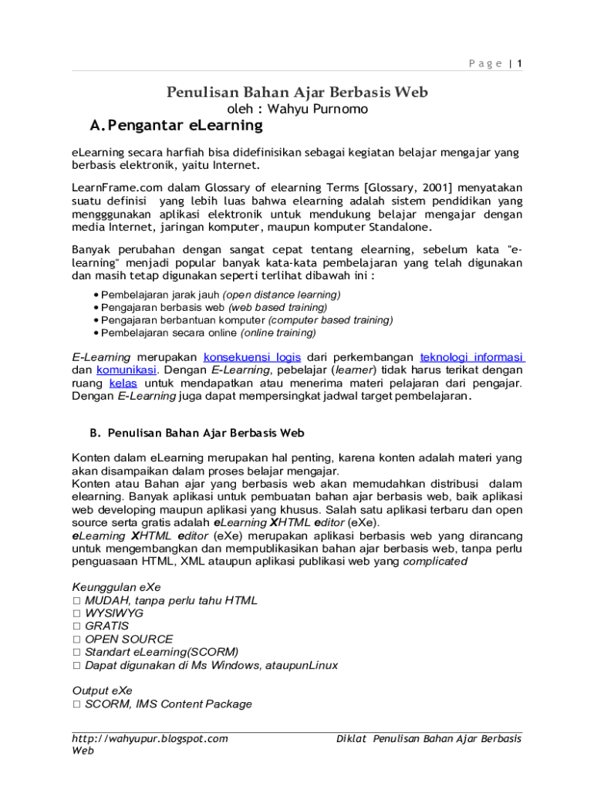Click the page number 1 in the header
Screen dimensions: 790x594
pos(520,64)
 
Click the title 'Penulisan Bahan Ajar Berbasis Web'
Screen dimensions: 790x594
pos(297,93)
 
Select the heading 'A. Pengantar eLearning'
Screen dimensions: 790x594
pos(176,126)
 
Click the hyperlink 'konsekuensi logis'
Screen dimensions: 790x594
pos(252,357)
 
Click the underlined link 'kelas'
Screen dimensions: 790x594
pos(123,383)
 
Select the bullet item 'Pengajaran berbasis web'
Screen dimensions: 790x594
pos(159,307)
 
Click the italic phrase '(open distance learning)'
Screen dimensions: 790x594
pos(282,295)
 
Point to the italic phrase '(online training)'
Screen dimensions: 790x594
pos(278,333)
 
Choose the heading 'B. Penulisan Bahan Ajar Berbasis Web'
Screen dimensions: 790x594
pos(192,434)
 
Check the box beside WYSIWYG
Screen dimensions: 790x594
pos(76,613)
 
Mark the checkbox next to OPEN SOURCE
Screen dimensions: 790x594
pos(76,640)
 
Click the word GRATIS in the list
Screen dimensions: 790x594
pos(107,626)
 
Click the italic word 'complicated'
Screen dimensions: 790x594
pos(435,562)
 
